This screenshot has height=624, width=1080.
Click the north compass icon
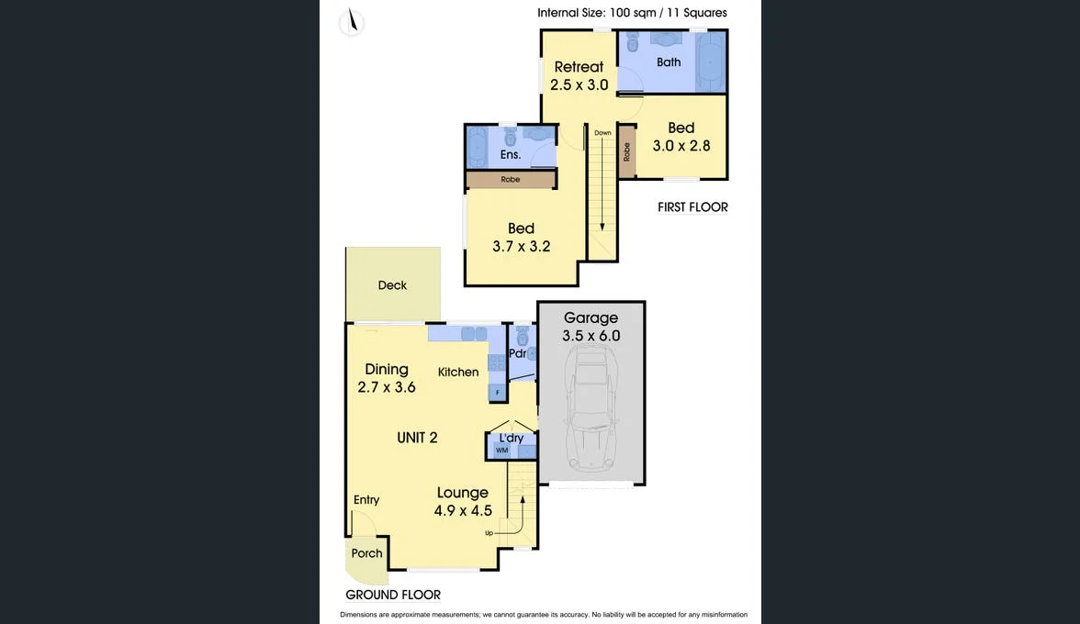pyautogui.click(x=351, y=23)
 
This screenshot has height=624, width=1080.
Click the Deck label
pyautogui.click(x=392, y=285)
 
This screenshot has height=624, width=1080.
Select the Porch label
pyautogui.click(x=366, y=553)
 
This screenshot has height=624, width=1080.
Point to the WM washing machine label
pyautogui.click(x=501, y=451)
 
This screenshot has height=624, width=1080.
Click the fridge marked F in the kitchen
pyautogui.click(x=498, y=393)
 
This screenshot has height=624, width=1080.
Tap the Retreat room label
pyautogui.click(x=579, y=67)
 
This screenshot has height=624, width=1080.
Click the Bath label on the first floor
pyautogui.click(x=669, y=62)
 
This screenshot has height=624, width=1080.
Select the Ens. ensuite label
pyautogui.click(x=511, y=155)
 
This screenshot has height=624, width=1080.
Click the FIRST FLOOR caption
pyautogui.click(x=692, y=207)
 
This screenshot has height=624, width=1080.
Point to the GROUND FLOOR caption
pyautogui.click(x=393, y=595)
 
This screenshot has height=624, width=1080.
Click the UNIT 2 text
pyautogui.click(x=417, y=438)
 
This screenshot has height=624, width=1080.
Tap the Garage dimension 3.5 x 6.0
pyautogui.click(x=591, y=336)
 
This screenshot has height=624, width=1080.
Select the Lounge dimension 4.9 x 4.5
pyautogui.click(x=463, y=511)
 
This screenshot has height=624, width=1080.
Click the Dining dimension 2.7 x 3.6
pyautogui.click(x=387, y=387)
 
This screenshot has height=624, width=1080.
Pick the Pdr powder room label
pyautogui.click(x=517, y=353)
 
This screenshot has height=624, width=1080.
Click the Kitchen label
pyautogui.click(x=458, y=372)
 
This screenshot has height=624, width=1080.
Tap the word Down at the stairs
pyautogui.click(x=602, y=133)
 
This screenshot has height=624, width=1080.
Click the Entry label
pyautogui.click(x=366, y=500)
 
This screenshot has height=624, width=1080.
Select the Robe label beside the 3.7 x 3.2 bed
pyautogui.click(x=511, y=180)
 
